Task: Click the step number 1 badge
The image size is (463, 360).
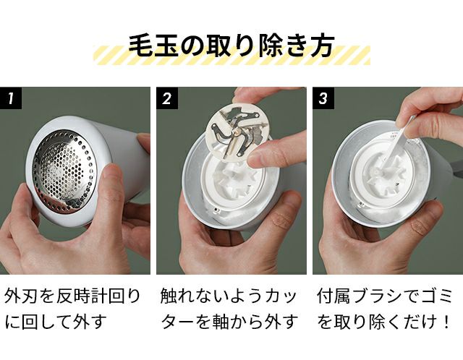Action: pyautogui.click(x=11, y=98)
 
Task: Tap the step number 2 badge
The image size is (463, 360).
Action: pyautogui.click(x=167, y=98)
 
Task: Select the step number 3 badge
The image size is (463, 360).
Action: pyautogui.click(x=323, y=98)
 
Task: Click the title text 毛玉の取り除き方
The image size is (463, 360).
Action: pyautogui.click(x=231, y=46)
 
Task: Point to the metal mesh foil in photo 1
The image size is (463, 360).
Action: pyautogui.click(x=64, y=170)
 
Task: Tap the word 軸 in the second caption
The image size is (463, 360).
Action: pyautogui.click(x=221, y=322)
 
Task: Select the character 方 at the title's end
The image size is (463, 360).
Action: pyautogui.click(x=323, y=46)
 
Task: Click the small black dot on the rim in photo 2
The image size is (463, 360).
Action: pyautogui.click(x=217, y=210)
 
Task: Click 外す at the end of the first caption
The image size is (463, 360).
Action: pyautogui.click(x=90, y=322)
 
